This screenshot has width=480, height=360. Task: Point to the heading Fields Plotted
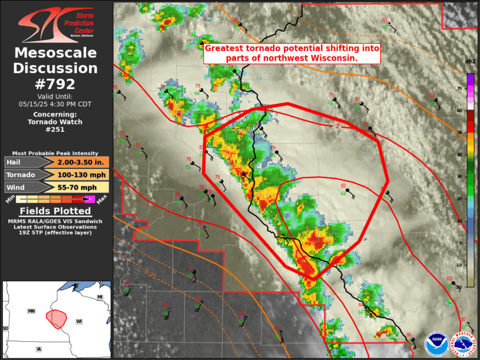tap(56, 211)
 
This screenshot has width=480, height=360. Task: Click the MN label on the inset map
tap(31, 311)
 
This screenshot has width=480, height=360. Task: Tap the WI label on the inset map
tap(79, 321)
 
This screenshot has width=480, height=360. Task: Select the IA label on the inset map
tap(39, 349)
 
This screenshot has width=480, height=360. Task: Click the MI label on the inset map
tap(100, 296)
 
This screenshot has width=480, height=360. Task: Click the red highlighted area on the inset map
tap(57, 318)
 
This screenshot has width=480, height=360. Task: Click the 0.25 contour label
tap(151, 272)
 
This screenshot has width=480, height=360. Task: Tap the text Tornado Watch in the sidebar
tap(56, 122)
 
